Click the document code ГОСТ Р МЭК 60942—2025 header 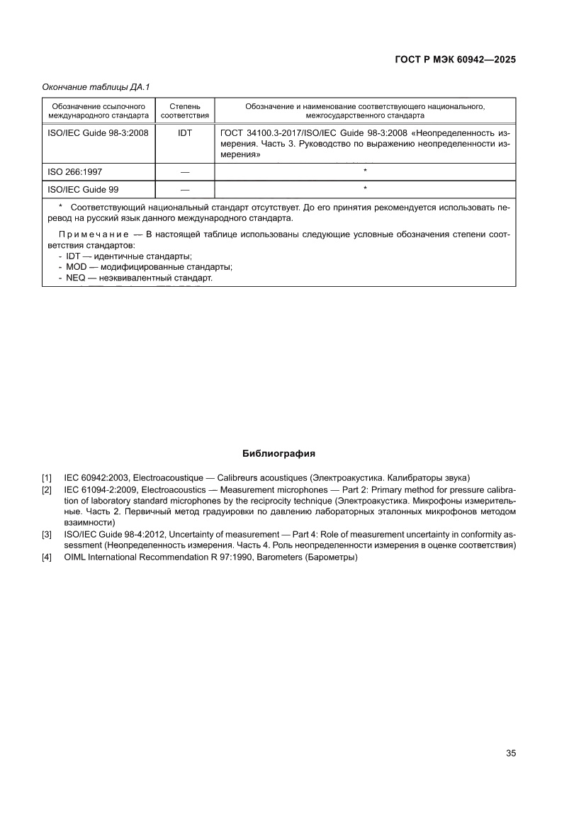[454, 60]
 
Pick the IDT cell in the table [185, 132]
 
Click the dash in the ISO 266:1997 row [185, 171]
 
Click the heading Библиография [278, 453]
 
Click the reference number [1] [47, 478]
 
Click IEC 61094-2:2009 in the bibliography [98, 489]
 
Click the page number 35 [510, 753]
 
